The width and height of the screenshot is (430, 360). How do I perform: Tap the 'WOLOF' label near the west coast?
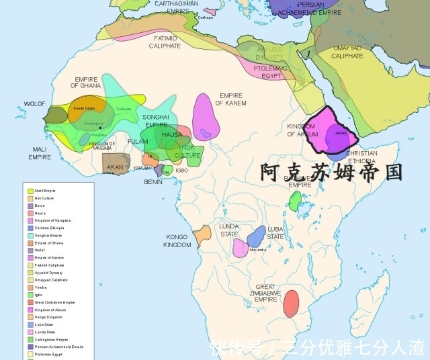click(x=34, y=104)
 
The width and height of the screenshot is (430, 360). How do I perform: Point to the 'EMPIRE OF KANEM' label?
click(x=230, y=99)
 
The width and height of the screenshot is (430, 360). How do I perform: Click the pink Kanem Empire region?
click(x=206, y=116)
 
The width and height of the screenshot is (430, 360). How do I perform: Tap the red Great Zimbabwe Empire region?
click(x=291, y=303)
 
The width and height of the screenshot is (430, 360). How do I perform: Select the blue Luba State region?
click(x=257, y=236)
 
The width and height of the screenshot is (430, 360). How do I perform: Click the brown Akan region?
click(x=115, y=165)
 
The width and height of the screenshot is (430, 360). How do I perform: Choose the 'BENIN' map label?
click(x=153, y=182)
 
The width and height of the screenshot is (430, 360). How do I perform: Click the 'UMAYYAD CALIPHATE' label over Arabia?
click(x=347, y=52)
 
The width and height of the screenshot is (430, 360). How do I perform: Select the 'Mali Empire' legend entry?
click(x=46, y=191)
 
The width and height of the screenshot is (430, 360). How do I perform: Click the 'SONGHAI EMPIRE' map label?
click(x=155, y=121)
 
